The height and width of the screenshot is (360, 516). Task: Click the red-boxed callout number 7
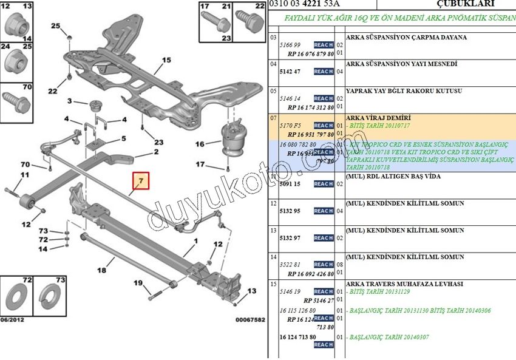141,181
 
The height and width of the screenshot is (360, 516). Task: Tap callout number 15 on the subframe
166,61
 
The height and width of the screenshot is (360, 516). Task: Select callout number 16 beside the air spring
200,144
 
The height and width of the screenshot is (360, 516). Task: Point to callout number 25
56,26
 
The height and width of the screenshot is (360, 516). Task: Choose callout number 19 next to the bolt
138,283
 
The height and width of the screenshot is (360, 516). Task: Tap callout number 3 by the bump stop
70,101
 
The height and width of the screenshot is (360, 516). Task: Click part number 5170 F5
290,126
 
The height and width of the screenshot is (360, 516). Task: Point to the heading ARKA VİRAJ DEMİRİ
378,117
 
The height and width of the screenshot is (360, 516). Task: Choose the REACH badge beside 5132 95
323,211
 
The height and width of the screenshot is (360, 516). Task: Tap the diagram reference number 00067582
250,319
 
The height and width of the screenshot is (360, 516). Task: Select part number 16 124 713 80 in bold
297,337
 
